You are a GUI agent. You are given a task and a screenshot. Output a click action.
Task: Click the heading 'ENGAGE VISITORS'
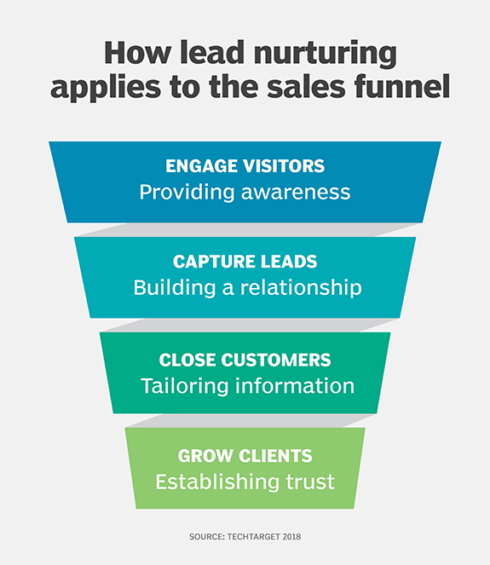[x=245, y=167]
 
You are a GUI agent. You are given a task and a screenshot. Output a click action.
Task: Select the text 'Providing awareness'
[x=245, y=192]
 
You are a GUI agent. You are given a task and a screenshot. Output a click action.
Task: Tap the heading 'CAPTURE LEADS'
[x=245, y=262]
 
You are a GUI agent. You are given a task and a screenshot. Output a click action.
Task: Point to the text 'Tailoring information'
[x=247, y=385]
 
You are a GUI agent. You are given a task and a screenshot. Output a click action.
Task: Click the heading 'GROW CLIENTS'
[x=245, y=456]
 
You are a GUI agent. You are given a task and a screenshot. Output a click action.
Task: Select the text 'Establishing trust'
[x=245, y=481]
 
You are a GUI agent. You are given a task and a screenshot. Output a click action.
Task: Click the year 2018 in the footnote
[x=291, y=537]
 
